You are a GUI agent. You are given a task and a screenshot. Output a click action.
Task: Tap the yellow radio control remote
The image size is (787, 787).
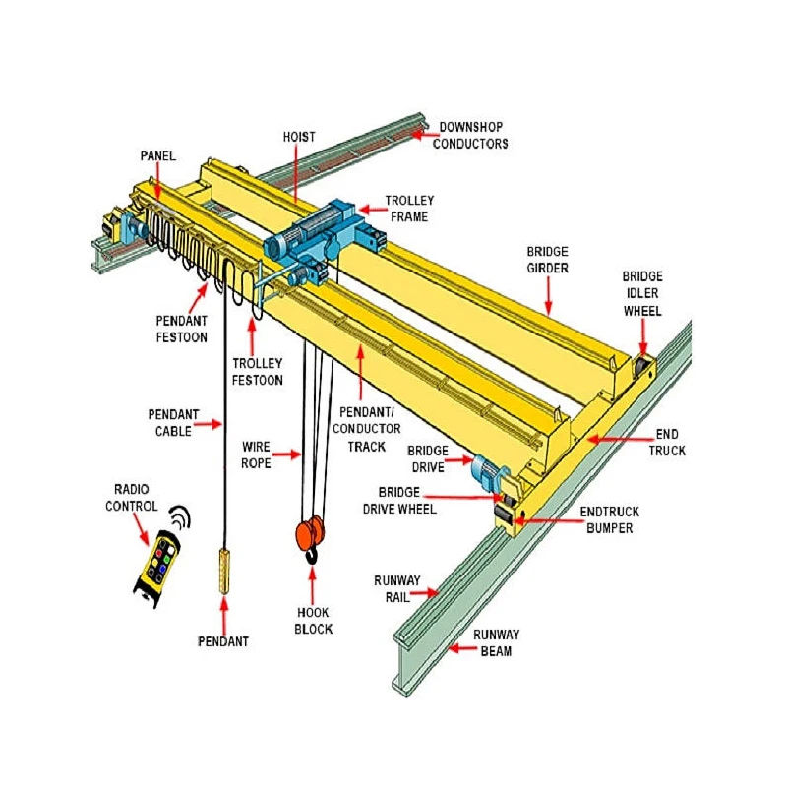[x=158, y=564]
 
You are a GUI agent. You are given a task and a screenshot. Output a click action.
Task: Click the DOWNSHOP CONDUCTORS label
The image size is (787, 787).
[x=473, y=135]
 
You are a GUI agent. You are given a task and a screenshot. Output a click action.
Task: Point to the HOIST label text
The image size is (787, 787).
[x=299, y=137]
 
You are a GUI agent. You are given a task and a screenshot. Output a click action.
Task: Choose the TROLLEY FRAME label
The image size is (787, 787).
[x=409, y=208]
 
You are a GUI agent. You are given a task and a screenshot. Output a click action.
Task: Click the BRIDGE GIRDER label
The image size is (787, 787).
[x=547, y=260]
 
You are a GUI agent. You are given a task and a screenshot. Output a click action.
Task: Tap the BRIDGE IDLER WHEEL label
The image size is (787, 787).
[x=642, y=293]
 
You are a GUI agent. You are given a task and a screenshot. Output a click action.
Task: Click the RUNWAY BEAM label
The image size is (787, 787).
[x=496, y=642]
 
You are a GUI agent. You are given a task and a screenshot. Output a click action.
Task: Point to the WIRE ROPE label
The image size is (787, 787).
[x=256, y=454]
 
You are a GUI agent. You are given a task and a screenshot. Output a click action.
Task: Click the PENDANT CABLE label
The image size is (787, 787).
[x=174, y=423]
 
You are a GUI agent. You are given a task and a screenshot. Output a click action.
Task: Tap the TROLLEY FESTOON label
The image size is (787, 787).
[x=258, y=371]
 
